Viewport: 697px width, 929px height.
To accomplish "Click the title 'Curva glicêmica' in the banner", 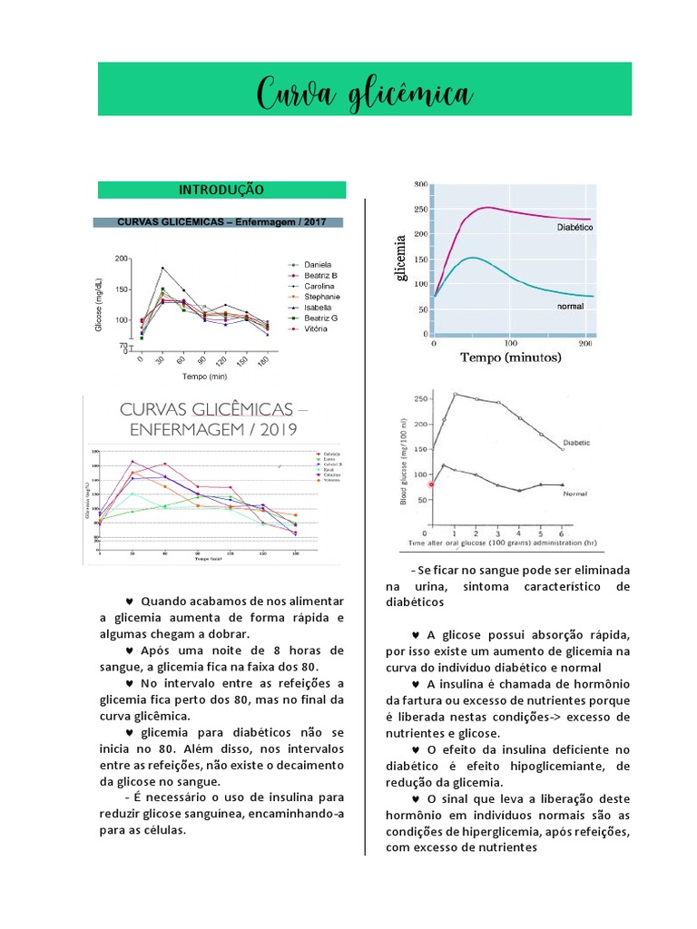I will point(365,93).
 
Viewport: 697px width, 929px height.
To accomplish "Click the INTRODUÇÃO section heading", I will point(221,190).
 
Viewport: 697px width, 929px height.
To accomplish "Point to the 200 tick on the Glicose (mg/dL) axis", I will point(121,259).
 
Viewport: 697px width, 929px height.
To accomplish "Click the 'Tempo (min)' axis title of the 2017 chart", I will point(204,375).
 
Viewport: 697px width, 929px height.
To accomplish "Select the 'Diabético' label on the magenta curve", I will point(574,229).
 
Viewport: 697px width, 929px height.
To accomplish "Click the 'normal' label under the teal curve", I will point(569,307).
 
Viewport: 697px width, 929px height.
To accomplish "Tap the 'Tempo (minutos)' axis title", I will point(511,357).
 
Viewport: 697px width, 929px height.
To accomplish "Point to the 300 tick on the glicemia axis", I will point(420,184).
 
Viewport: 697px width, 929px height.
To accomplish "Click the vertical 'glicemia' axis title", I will point(400,258).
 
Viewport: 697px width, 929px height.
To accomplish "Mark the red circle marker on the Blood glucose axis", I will point(431,484).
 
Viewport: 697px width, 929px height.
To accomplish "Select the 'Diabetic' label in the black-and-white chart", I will point(576,443).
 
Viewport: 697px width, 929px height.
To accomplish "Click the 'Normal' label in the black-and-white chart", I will point(574,495).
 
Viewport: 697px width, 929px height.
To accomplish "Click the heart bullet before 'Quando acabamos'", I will point(130,601).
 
